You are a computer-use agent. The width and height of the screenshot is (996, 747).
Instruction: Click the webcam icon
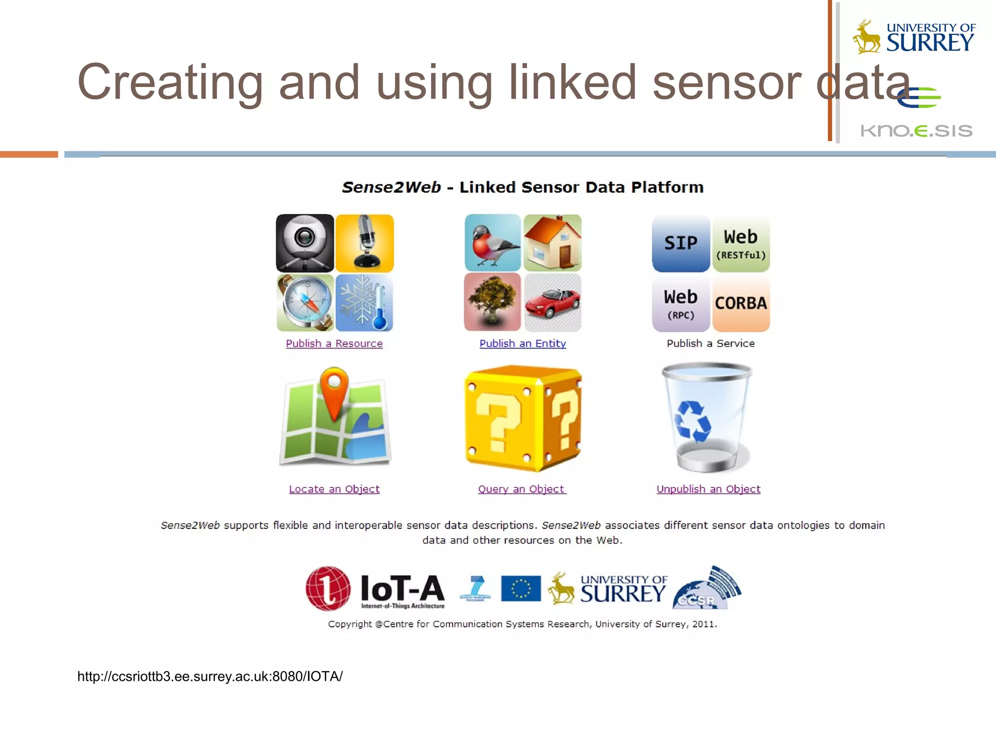point(305,243)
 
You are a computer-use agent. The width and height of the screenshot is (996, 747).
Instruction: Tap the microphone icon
point(365,243)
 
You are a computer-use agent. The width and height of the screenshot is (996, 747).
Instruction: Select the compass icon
point(305,302)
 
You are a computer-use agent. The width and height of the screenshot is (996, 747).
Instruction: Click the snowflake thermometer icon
point(365,302)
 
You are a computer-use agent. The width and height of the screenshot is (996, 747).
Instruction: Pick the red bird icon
point(492,243)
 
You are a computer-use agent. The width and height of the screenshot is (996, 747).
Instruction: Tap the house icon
point(552,243)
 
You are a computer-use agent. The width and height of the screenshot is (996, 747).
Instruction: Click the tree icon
point(492,302)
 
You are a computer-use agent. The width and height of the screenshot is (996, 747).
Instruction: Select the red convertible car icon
point(552,302)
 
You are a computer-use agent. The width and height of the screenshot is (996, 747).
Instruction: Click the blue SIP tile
point(681,243)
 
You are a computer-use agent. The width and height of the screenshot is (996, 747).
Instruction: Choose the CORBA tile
point(741,303)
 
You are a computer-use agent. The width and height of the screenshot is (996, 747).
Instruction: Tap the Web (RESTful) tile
point(741,243)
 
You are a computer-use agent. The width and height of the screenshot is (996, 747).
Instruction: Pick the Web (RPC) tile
point(681,303)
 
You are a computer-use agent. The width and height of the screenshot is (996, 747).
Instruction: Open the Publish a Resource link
point(334,343)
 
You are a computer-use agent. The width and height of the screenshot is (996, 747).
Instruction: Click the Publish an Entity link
point(523,343)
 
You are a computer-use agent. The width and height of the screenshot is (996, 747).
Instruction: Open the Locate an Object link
point(334,489)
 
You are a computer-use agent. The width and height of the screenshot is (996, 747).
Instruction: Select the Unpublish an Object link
point(708,489)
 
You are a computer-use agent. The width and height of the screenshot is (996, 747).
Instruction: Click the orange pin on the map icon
point(334,387)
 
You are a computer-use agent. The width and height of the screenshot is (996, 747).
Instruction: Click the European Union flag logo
point(521,588)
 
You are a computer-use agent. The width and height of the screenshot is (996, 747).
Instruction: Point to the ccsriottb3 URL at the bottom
point(210,676)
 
